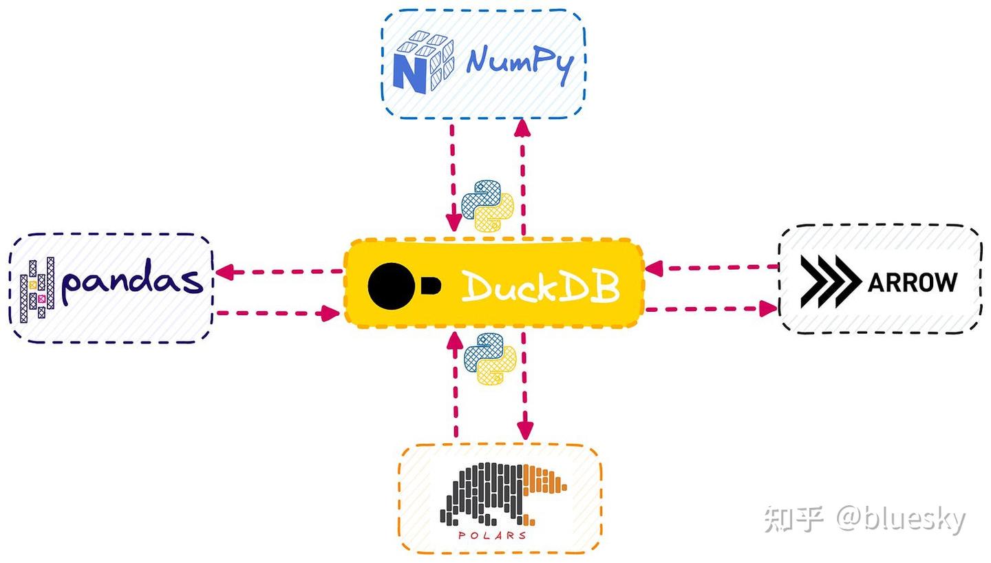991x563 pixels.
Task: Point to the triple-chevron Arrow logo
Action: [830, 281]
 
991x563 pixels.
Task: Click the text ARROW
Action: [913, 281]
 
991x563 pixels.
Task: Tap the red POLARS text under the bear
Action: [493, 535]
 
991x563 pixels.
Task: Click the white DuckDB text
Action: [540, 286]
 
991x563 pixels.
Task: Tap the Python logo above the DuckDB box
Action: [488, 205]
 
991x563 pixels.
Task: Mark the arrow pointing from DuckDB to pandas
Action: [279, 272]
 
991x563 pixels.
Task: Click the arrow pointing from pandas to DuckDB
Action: [279, 313]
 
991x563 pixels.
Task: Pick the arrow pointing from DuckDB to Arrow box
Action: [712, 309]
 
